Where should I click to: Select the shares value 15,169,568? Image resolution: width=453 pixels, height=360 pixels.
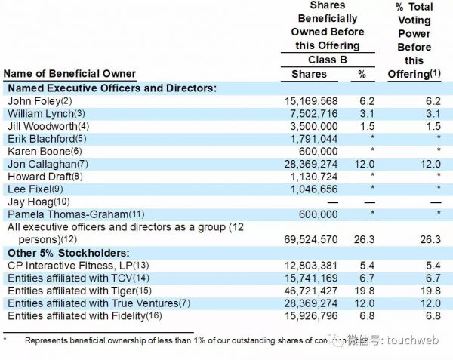tap(310, 101)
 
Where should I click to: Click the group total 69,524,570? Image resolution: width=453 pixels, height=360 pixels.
tap(310, 239)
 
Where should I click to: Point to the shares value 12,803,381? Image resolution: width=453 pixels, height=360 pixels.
tap(310, 265)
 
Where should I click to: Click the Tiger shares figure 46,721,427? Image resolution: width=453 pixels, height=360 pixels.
tap(310, 291)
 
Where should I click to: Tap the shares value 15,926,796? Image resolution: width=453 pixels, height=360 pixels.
tap(310, 316)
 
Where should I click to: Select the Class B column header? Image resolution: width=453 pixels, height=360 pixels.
tap(328, 60)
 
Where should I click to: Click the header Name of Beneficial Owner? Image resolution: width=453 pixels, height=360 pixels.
tap(70, 74)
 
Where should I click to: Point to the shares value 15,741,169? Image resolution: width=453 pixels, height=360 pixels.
tap(310, 278)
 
